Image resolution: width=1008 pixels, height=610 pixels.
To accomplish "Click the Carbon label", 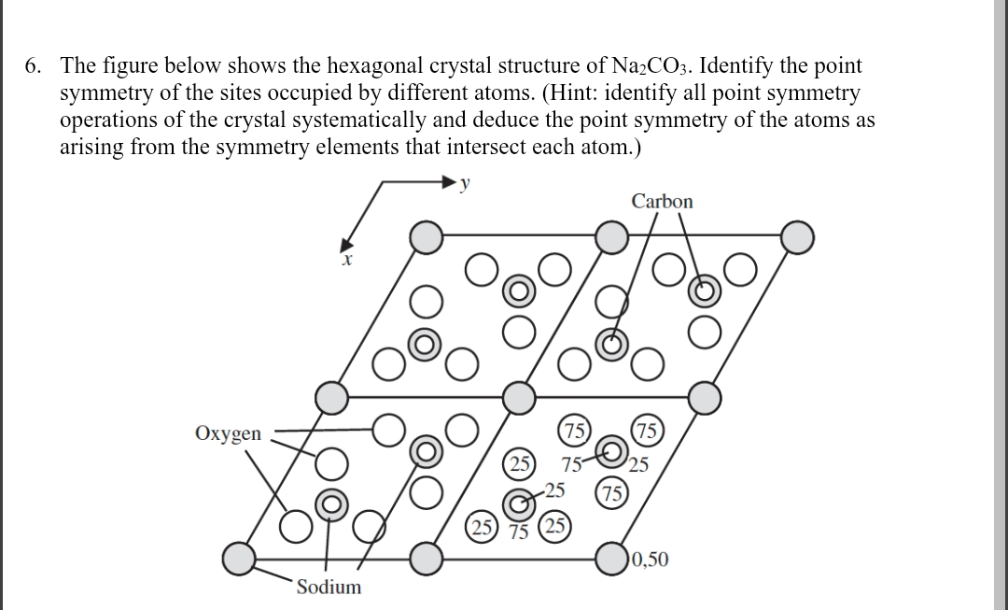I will pyautogui.click(x=662, y=201).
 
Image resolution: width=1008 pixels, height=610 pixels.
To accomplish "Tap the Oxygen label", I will pyautogui.click(x=229, y=433).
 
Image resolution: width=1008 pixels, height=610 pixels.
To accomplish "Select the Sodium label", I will pyautogui.click(x=329, y=587).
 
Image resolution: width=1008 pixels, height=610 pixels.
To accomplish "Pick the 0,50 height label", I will pyautogui.click(x=650, y=560).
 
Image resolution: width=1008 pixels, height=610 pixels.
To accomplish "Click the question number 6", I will pyautogui.click(x=33, y=66).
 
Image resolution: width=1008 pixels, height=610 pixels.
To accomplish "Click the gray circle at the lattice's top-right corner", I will pyautogui.click(x=798, y=237).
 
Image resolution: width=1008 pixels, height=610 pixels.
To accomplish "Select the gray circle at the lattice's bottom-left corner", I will pyautogui.click(x=240, y=560).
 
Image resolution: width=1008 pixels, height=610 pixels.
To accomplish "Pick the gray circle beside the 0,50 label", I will pyautogui.click(x=613, y=560).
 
